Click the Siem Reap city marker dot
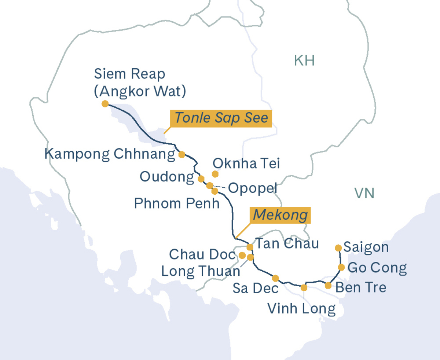[105, 104]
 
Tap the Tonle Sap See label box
[221, 118]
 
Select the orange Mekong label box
[280, 215]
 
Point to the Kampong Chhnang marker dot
[181, 154]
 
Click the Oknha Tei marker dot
[215, 174]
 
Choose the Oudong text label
[166, 177]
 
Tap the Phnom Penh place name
[177, 203]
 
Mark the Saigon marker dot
[338, 248]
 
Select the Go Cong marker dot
[341, 267]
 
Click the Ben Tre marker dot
[328, 285]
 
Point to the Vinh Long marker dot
[304, 288]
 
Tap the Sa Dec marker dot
[275, 278]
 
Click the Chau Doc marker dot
[242, 255]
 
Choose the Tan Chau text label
[286, 243]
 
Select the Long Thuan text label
[201, 271]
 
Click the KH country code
[304, 61]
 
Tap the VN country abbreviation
[364, 193]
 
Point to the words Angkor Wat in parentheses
[140, 91]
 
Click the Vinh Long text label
[301, 309]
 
